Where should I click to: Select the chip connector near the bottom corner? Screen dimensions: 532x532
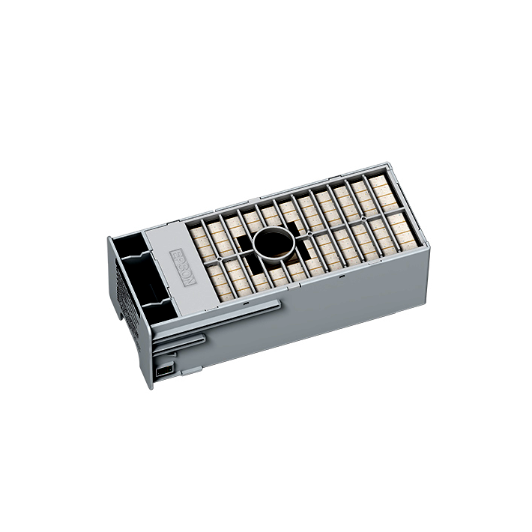(x=164, y=370)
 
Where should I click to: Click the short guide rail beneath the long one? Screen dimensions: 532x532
(x=179, y=343)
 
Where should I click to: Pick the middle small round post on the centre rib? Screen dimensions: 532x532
(x=309, y=233)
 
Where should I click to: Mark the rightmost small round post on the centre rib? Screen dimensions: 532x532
(x=363, y=218)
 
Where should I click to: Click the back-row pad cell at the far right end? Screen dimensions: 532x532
(x=383, y=192)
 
